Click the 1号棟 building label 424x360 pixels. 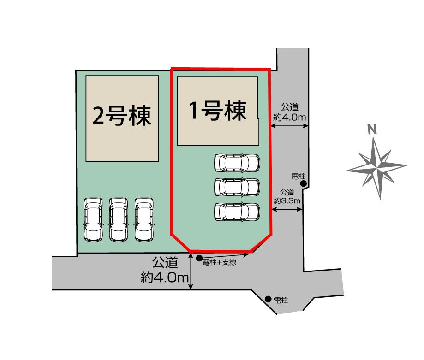(217, 111)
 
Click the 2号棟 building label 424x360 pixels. (122, 116)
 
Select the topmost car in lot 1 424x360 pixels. (237, 162)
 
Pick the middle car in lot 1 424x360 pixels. (237, 187)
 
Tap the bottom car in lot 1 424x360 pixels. (237, 211)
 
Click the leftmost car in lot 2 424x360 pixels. (93, 219)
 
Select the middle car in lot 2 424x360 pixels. (118, 219)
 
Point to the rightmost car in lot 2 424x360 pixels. (143, 219)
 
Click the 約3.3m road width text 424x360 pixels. (287, 201)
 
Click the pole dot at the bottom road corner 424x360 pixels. (268, 299)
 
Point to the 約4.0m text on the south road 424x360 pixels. (165, 278)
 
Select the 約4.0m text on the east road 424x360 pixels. (290, 118)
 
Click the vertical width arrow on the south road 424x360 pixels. (191, 272)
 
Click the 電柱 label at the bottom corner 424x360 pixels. (281, 301)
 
